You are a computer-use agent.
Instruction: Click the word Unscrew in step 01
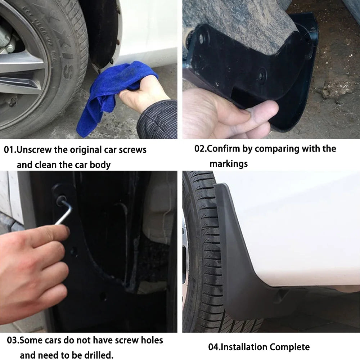click(x=34, y=150)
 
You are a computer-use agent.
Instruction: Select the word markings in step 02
click(x=229, y=164)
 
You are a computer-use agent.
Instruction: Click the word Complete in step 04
click(x=289, y=347)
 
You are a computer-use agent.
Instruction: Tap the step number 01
click(x=9, y=150)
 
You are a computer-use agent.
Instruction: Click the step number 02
click(x=200, y=149)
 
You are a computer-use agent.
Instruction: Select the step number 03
click(x=12, y=340)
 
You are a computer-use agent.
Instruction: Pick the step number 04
click(x=213, y=347)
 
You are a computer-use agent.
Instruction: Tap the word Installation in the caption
click(x=244, y=347)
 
